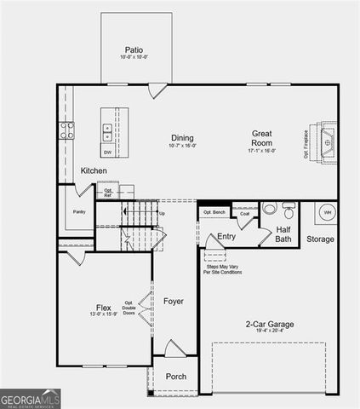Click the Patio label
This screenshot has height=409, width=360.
point(133,50)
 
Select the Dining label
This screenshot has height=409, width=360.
point(182,138)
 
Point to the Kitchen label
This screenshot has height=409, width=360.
point(94,171)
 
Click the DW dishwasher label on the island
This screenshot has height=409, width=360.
point(108,152)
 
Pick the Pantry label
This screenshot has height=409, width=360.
point(80,211)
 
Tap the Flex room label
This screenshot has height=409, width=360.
point(104,308)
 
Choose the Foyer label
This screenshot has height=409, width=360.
point(174,301)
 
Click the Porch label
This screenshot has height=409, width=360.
point(176,377)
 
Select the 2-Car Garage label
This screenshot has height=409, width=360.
point(270,324)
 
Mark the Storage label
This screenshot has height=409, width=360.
point(321,239)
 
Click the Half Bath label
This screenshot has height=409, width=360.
point(283,234)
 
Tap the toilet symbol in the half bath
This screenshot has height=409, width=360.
point(270,209)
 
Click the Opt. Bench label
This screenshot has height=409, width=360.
point(214,211)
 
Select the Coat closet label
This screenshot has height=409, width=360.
point(244,214)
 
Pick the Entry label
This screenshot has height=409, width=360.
point(226,236)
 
